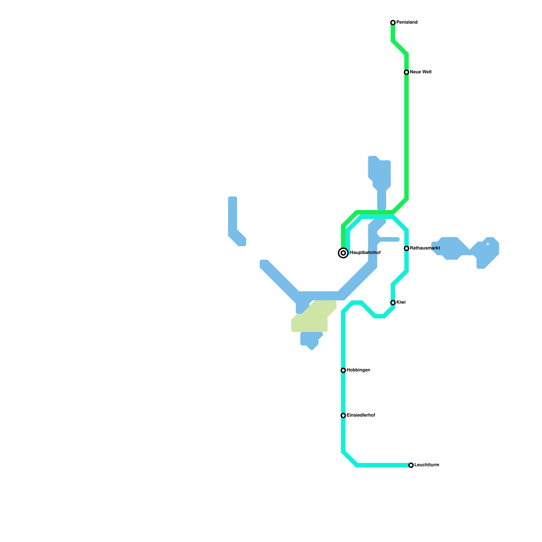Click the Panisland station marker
393,23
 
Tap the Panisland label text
407,22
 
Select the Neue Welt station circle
406,72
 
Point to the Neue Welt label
420,72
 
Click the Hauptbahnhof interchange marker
343,253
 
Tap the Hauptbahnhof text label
365,253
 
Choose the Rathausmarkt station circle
406,249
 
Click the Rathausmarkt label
425,248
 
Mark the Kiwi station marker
393,303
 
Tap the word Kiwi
401,303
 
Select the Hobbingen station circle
343,371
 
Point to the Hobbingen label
358,370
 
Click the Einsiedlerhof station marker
343,416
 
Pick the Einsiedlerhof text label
361,415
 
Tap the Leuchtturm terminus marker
411,465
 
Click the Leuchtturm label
426,465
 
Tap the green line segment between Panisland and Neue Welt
400,48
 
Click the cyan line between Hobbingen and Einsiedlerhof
343,393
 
